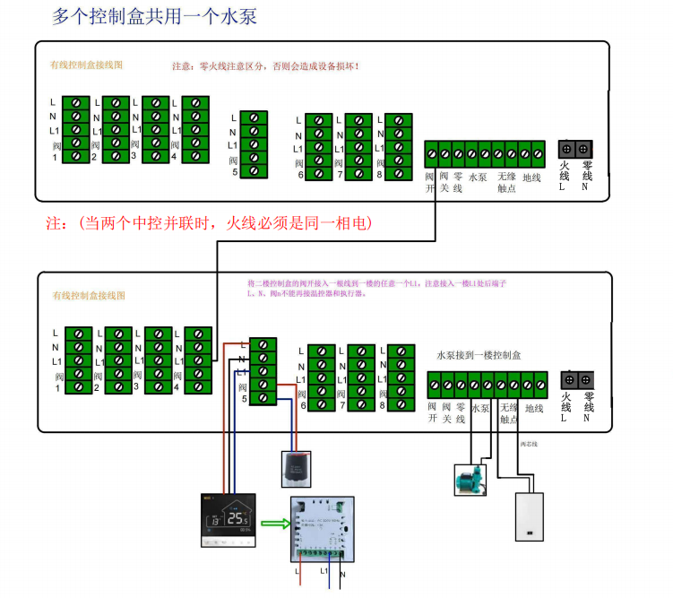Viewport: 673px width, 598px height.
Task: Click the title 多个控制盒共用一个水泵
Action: (x=154, y=17)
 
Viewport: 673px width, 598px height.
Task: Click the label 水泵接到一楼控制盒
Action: (x=479, y=355)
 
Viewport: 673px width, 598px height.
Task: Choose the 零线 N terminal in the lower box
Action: (x=586, y=380)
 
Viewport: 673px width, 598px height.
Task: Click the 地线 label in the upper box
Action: (x=532, y=178)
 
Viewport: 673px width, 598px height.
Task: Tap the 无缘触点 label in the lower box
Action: (x=508, y=412)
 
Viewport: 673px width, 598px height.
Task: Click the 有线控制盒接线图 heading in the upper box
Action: (x=86, y=65)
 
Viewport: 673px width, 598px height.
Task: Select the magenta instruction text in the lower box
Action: (x=376, y=288)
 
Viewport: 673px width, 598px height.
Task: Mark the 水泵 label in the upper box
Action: (x=478, y=178)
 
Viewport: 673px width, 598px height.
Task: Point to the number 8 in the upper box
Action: (x=380, y=175)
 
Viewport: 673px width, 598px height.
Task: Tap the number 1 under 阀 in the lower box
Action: (x=58, y=388)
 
